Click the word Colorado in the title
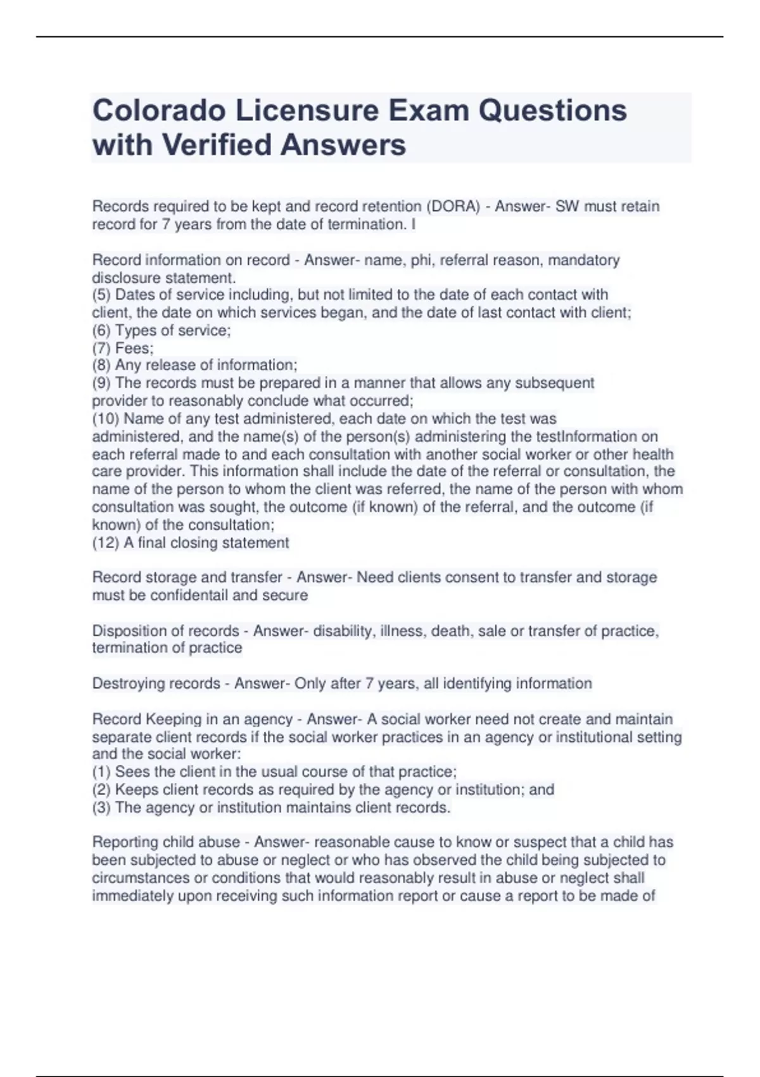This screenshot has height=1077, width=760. [x=159, y=111]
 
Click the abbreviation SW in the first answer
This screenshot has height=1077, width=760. [x=567, y=207]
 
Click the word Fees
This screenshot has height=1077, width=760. [x=134, y=348]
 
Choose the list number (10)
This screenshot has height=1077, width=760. [x=106, y=419]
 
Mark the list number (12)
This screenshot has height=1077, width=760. [x=106, y=543]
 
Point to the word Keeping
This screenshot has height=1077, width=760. [x=171, y=719]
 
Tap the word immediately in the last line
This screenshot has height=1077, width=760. [x=131, y=896]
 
